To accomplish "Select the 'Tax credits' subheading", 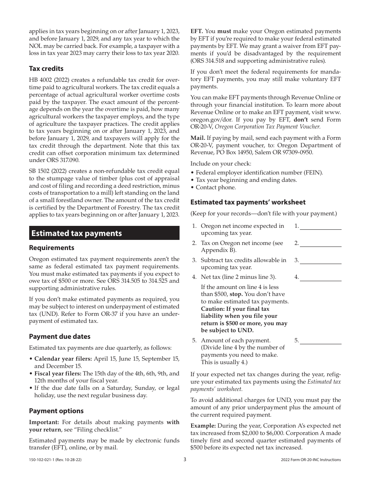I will [46, 69].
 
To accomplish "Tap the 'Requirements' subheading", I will [51, 248].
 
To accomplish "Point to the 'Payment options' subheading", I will [56, 411].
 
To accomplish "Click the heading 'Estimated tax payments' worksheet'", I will [248, 202].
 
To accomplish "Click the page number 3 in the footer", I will [185, 460].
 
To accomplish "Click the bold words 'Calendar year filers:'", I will [58, 359].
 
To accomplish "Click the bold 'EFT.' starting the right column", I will [197, 32].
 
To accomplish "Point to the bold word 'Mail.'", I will [197, 138].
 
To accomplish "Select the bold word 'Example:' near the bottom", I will [203, 426].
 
